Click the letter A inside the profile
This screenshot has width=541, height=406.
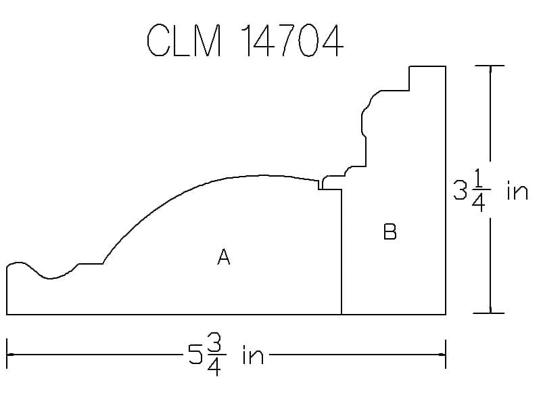click(224, 257)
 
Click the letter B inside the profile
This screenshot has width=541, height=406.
click(390, 231)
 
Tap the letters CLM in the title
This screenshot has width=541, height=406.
click(184, 40)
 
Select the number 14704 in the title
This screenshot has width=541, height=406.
click(293, 40)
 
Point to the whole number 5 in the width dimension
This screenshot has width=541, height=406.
click(195, 354)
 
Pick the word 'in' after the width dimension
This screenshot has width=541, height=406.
click(253, 354)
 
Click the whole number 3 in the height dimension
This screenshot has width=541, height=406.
click(461, 190)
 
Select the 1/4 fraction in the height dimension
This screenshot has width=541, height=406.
click(479, 190)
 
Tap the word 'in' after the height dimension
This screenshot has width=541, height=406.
click(517, 190)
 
